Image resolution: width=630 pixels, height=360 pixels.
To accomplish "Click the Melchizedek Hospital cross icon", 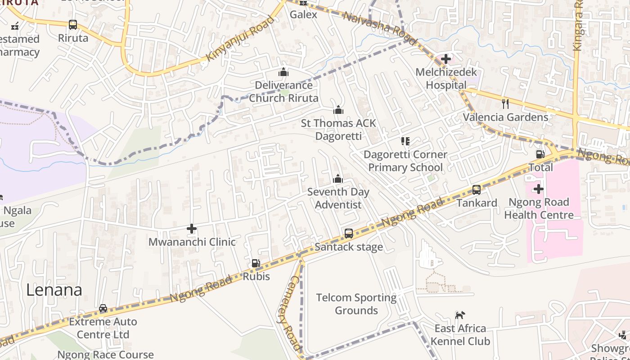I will click(445, 59).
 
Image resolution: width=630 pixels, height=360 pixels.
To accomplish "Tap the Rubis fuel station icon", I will click(256, 263).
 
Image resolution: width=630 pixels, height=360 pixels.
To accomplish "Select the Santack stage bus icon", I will click(349, 234).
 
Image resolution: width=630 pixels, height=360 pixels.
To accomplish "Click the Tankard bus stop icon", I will click(477, 190).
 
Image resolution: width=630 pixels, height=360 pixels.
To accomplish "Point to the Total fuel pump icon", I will click(540, 154).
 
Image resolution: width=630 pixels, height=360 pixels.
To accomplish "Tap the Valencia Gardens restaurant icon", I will click(505, 104).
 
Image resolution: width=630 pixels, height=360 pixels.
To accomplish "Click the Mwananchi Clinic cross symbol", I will click(192, 229).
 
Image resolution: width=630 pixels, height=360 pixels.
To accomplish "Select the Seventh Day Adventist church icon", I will click(338, 179).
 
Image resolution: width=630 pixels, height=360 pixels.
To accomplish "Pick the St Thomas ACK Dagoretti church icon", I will click(338, 110).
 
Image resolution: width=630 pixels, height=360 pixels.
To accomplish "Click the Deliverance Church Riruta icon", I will click(283, 72).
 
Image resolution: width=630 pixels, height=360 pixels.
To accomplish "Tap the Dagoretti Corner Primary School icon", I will click(405, 142).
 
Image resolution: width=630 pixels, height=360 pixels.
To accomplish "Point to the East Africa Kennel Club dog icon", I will click(460, 315).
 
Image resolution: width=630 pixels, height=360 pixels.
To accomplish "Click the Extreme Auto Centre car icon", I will click(103, 309).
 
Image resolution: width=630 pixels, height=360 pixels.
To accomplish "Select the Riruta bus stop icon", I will click(73, 25).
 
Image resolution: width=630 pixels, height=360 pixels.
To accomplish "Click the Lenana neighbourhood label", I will click(54, 290).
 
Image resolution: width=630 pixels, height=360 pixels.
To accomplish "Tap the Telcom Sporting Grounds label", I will click(356, 304).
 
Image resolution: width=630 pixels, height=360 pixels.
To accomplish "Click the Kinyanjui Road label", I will click(240, 39).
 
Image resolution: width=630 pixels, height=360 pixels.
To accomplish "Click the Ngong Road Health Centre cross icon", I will click(539, 189).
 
